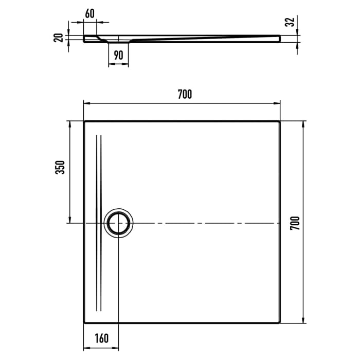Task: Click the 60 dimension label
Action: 89,13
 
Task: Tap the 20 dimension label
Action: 60,38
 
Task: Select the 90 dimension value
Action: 119,55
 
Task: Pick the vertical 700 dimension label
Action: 295,223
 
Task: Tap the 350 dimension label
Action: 60,167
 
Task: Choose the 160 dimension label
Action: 102,338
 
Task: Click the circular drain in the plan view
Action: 119,223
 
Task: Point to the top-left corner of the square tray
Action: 84,121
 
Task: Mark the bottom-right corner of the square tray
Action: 280,323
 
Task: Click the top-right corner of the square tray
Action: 280,121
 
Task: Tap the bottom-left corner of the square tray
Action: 84,323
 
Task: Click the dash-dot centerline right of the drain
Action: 206,223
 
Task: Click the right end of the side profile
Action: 280,39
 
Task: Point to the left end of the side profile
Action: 84,39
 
